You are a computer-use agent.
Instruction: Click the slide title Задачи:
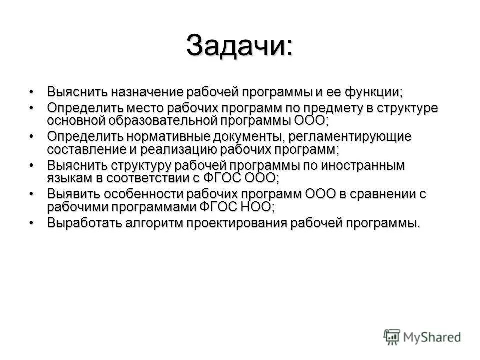pyautogui.click(x=239, y=46)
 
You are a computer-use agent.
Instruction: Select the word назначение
pyautogui.click(x=145, y=92)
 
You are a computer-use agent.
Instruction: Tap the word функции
pyautogui.click(x=370, y=92)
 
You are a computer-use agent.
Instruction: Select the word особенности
pyautogui.click(x=153, y=194)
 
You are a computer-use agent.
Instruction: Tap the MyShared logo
pyautogui.click(x=422, y=336)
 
